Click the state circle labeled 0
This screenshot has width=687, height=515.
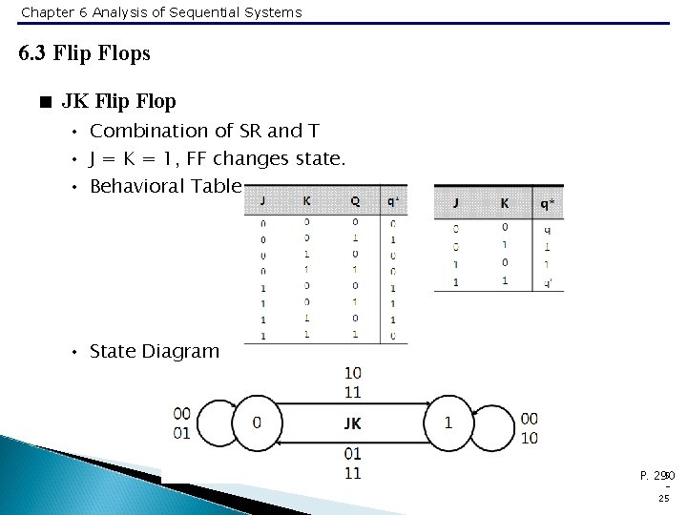tap(256, 422)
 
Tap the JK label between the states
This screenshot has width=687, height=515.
tap(352, 423)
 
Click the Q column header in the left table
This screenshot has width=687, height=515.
tap(355, 201)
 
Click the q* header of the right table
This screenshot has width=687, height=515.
tap(547, 202)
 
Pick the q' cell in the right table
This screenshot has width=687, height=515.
tap(547, 282)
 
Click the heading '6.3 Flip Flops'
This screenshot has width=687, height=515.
tap(85, 53)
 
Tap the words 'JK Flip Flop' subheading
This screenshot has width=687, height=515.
tap(118, 99)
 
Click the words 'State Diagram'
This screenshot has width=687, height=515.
tap(154, 352)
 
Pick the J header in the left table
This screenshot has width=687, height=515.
tap(263, 201)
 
